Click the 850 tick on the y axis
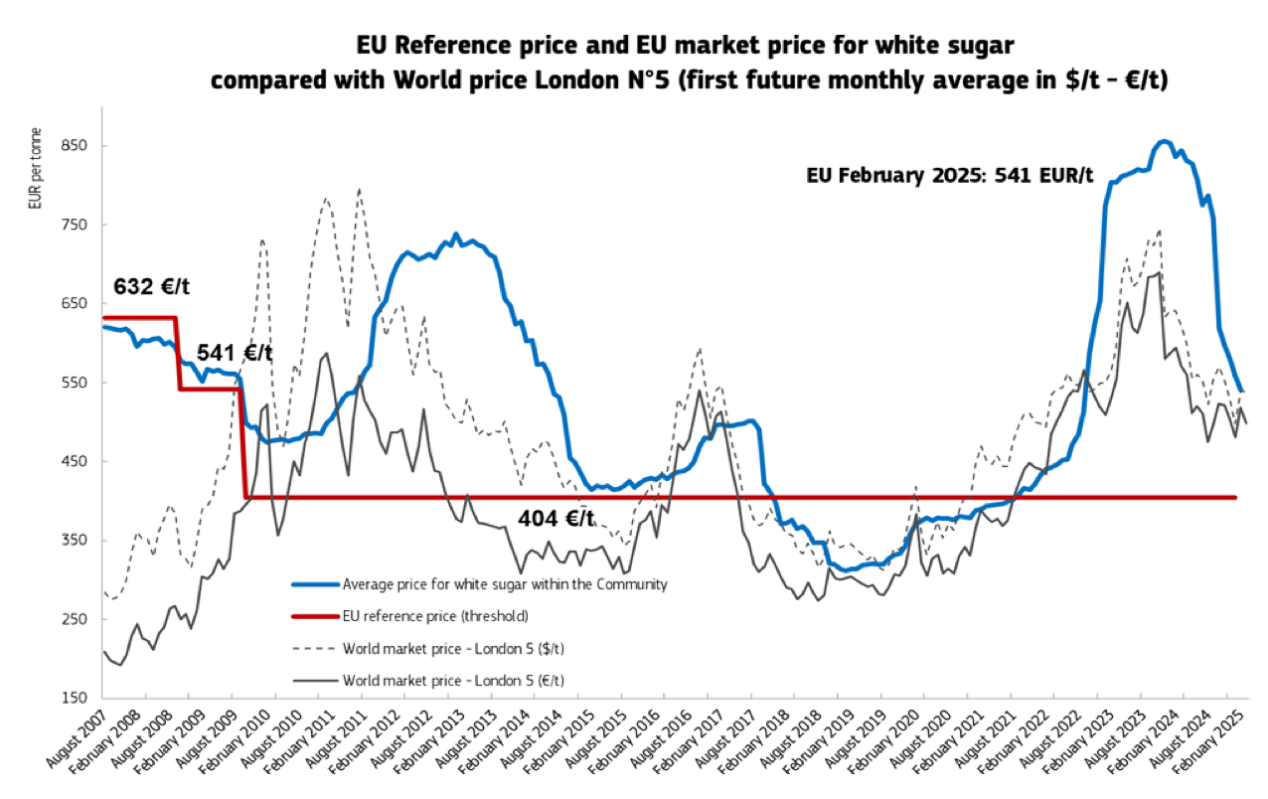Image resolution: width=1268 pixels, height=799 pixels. [x=76, y=146]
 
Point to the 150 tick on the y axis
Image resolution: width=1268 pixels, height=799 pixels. [x=76, y=698]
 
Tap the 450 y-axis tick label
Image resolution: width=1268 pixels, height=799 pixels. [x=76, y=461]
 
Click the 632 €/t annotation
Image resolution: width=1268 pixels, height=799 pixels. [x=151, y=287]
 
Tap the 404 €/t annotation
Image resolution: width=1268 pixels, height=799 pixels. [x=555, y=518]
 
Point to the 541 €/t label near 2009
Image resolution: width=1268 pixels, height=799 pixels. [x=234, y=353]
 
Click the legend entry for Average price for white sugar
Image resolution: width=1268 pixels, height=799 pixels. [x=504, y=584]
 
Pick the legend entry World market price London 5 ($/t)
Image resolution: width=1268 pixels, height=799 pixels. [x=459, y=649]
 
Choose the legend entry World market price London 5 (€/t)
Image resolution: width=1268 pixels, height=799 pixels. [x=459, y=681]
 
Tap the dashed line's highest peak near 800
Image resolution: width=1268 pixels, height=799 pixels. [x=359, y=189]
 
